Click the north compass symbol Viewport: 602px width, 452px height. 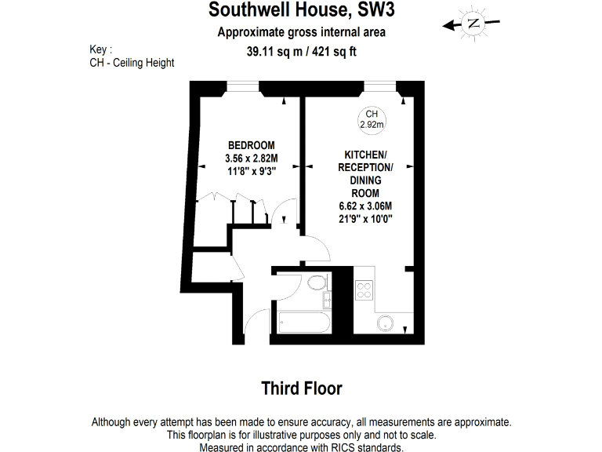pos(472,24)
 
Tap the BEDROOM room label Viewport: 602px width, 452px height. pos(251,145)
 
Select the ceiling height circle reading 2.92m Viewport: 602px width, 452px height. pos(371,119)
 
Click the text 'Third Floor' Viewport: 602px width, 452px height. pos(301,388)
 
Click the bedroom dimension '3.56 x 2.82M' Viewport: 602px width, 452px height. pos(251,158)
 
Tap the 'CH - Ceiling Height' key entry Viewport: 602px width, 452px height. pos(132,63)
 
